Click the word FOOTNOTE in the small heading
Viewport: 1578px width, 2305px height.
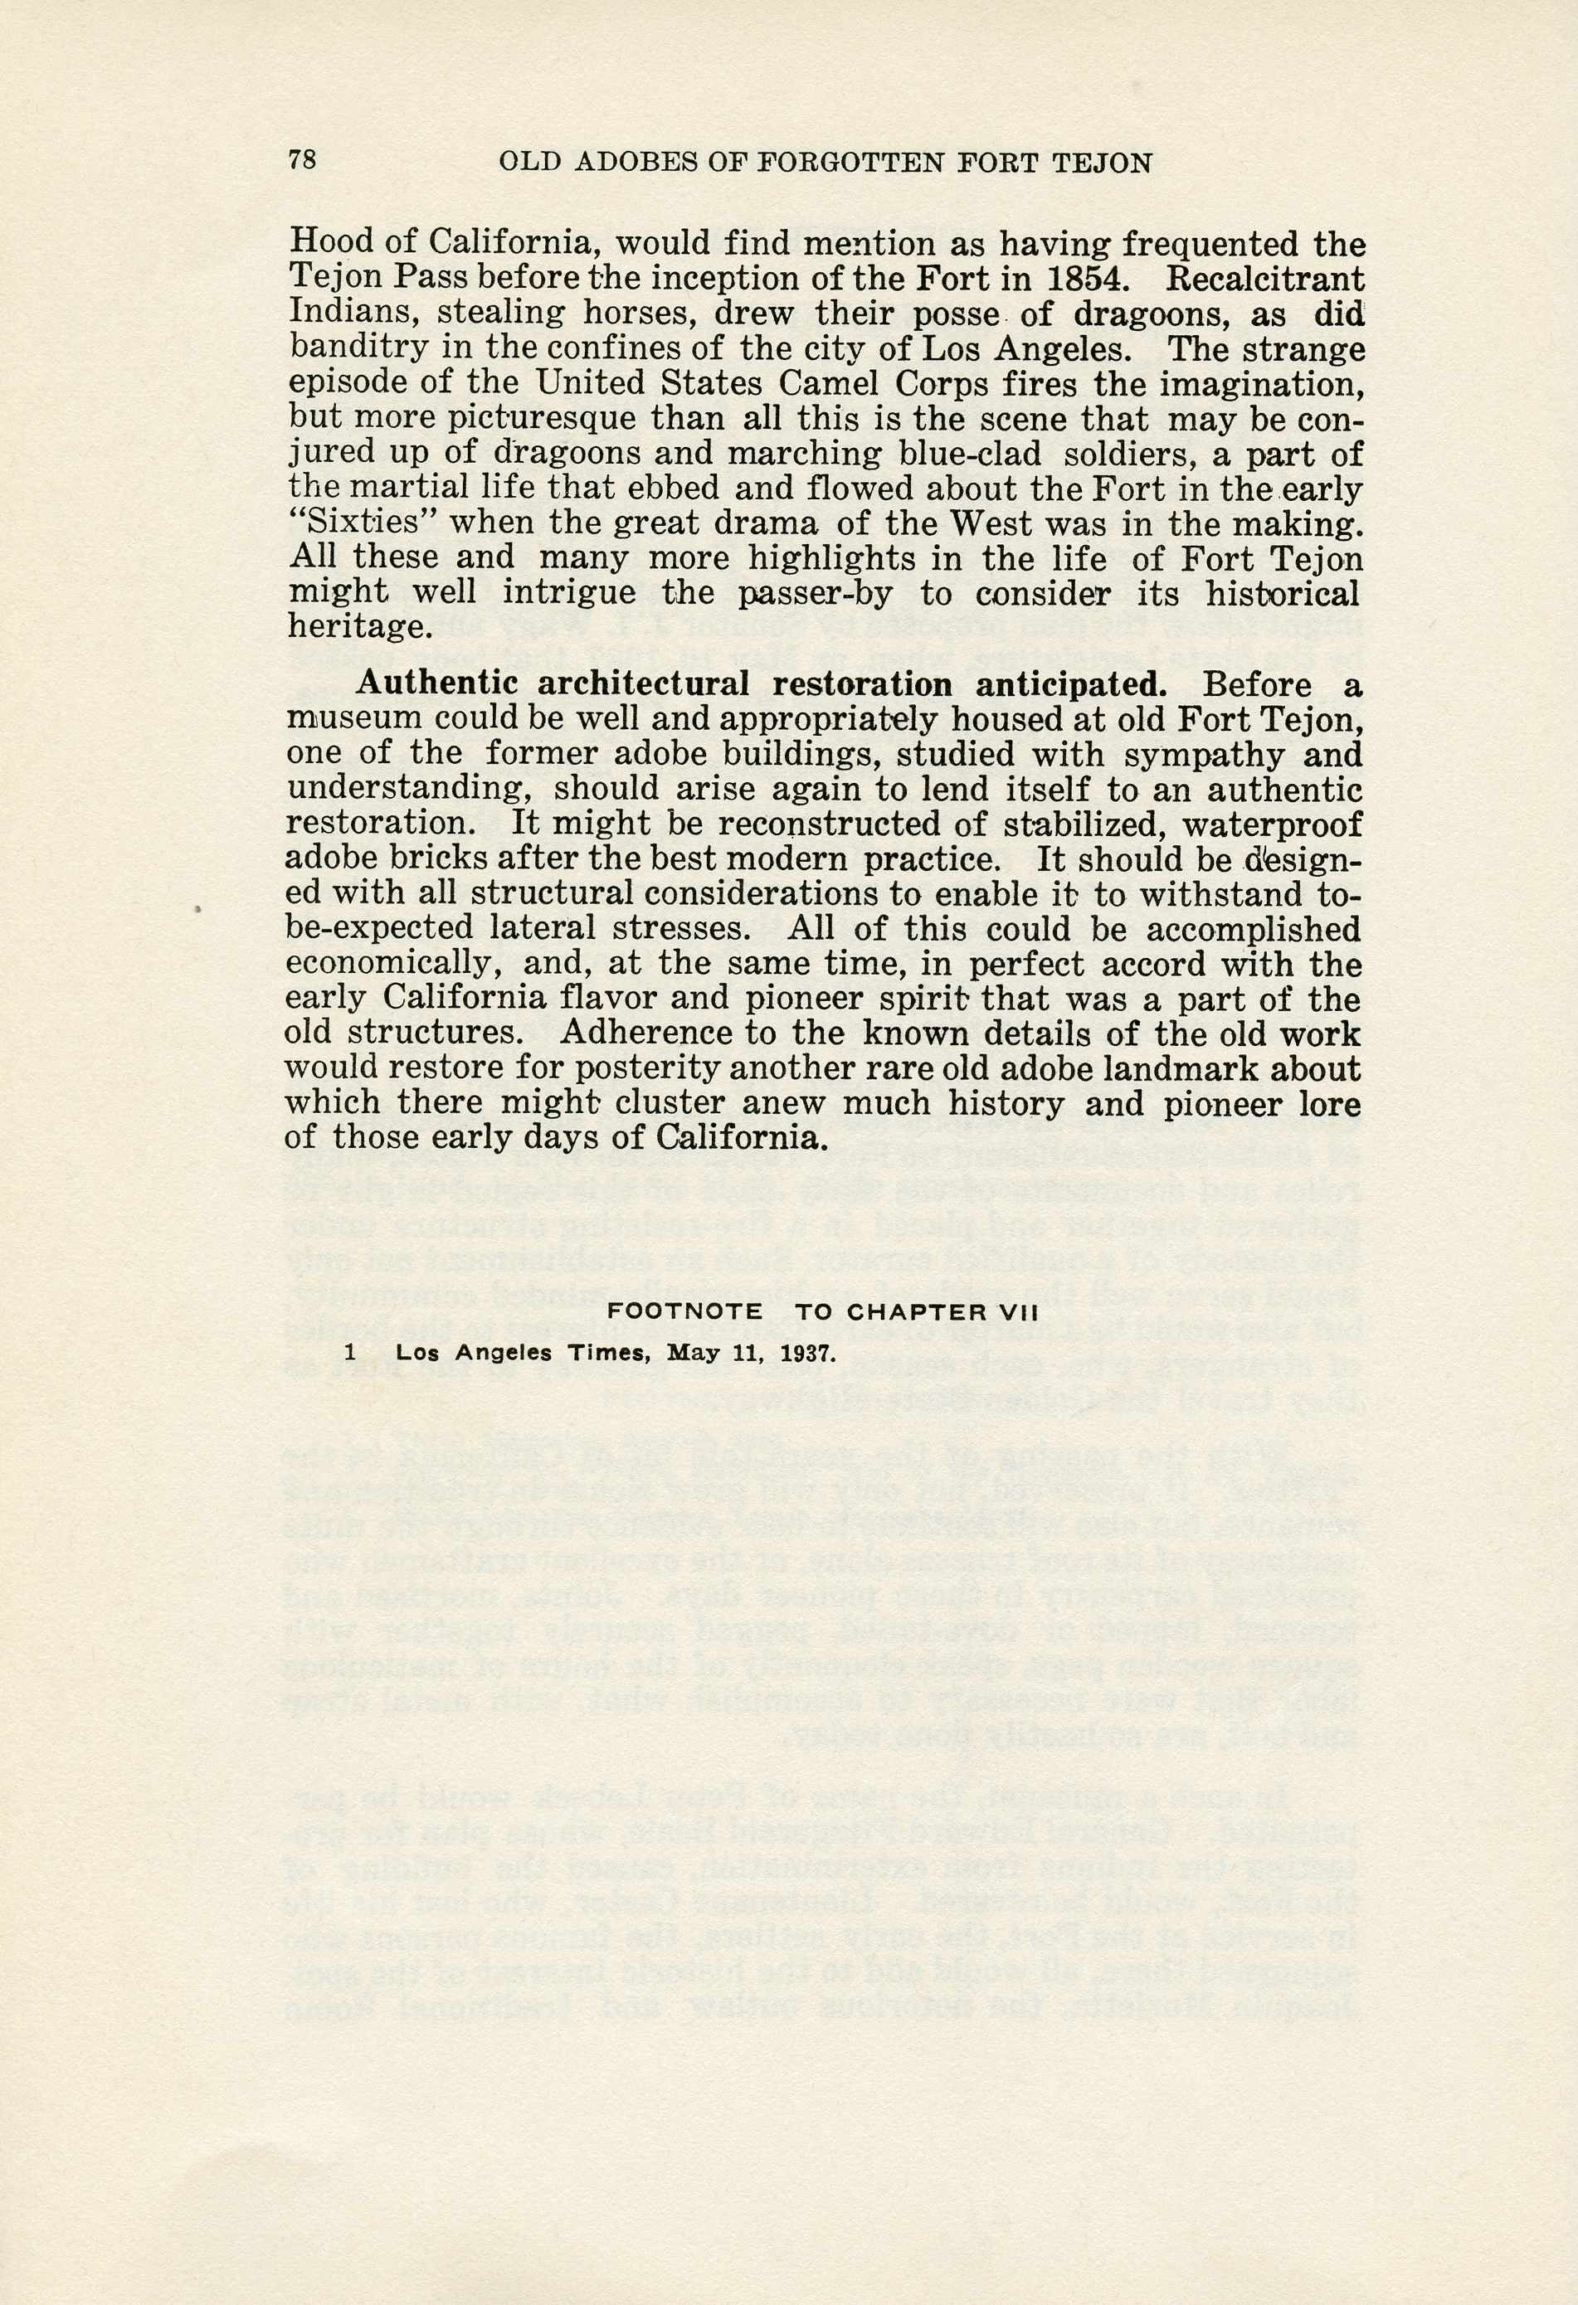(x=684, y=1311)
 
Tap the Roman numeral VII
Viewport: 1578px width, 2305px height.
(x=1016, y=1311)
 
